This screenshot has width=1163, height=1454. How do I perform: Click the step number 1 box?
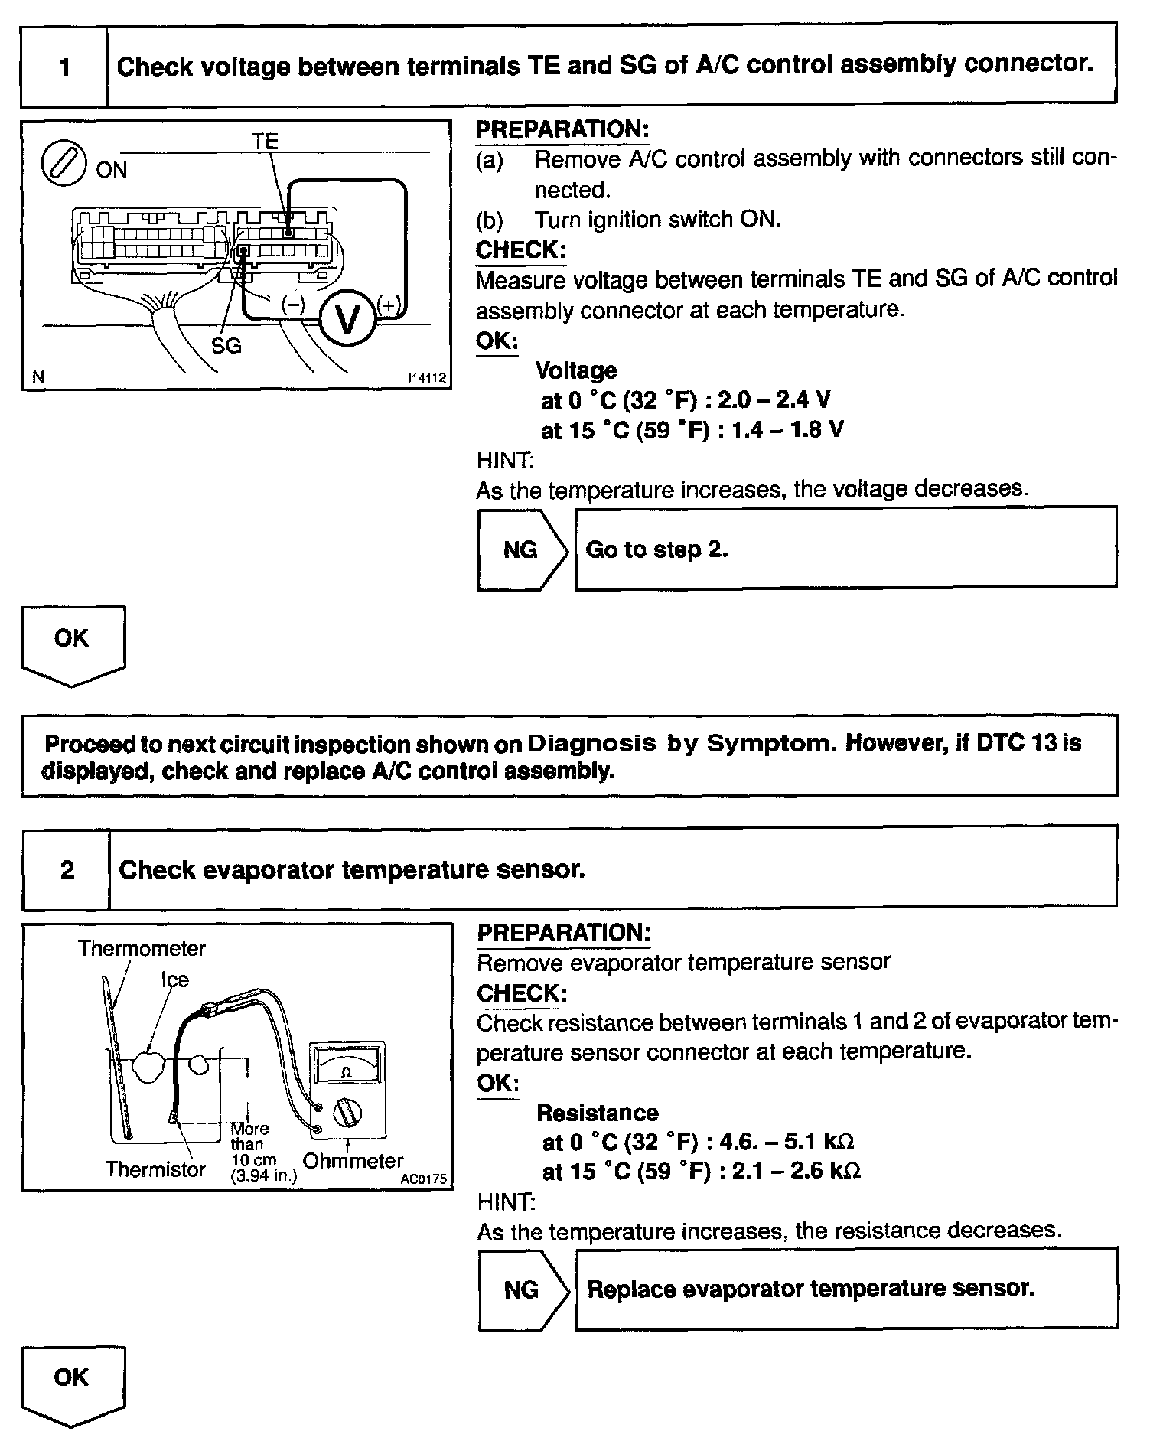64,67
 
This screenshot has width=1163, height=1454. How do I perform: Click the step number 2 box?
67,870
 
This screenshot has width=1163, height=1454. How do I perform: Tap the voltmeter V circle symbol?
348,319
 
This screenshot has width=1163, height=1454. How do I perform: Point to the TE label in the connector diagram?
265,142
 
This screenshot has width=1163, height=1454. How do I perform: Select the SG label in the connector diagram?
226,346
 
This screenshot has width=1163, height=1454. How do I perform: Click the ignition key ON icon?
63,164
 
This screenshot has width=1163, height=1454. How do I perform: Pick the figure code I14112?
426,378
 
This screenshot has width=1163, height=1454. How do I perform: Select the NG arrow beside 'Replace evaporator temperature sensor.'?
523,1290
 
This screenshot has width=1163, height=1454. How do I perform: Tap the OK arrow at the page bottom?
72,1382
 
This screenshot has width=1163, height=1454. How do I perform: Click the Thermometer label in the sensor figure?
142,949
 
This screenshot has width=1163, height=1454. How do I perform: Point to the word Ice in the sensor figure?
174,980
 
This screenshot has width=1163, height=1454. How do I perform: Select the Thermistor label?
155,1169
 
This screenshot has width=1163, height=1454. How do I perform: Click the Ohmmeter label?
353,1161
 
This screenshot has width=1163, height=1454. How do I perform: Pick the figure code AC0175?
423,1179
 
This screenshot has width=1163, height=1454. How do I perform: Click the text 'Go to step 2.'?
656,549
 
